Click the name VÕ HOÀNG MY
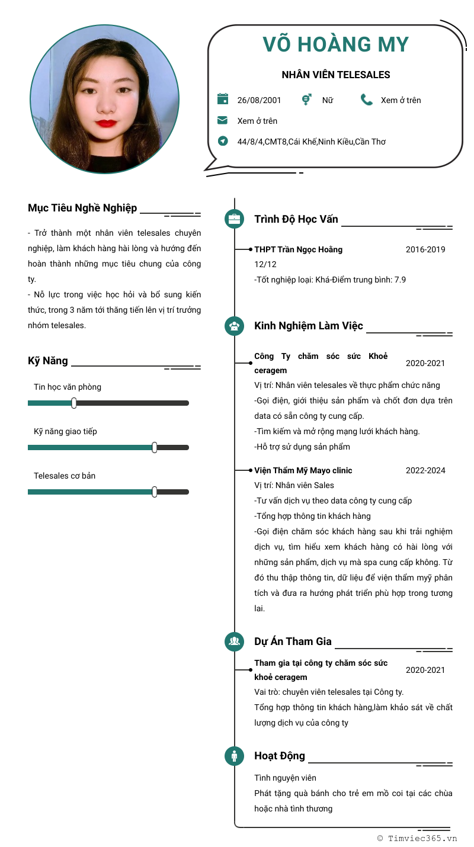click(336, 44)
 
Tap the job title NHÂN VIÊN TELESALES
click(336, 75)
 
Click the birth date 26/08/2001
click(259, 100)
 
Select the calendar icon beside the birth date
click(223, 99)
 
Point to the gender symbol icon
click(306, 99)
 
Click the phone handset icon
click(366, 99)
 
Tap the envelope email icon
click(223, 120)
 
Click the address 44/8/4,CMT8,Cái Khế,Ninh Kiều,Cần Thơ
click(311, 142)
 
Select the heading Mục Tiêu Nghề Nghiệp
click(82, 208)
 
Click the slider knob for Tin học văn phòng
click(74, 403)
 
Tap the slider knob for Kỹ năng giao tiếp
click(155, 447)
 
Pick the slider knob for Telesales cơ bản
click(155, 492)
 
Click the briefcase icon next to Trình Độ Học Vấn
click(235, 219)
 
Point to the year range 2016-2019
click(425, 249)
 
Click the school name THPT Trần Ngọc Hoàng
click(298, 249)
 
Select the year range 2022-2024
click(425, 470)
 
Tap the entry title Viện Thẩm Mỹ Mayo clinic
click(303, 470)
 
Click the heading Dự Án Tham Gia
click(293, 641)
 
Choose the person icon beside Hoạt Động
click(235, 756)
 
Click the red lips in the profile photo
click(106, 123)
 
